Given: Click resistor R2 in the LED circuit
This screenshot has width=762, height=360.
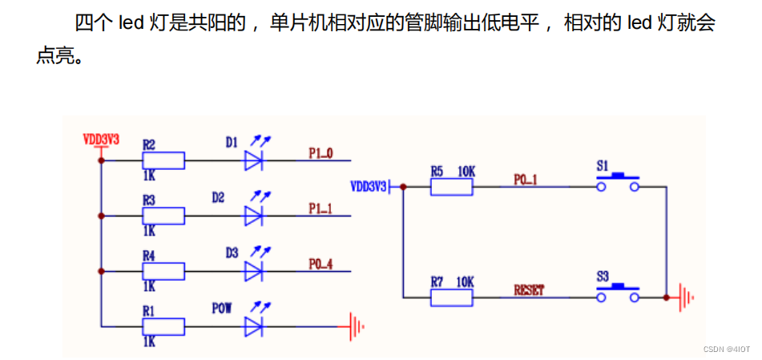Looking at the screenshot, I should pos(163,160).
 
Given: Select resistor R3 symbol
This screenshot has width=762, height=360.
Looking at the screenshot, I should pos(163,216).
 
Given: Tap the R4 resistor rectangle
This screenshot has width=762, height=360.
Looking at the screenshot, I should pos(163,271).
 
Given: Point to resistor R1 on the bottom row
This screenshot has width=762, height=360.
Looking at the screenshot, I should pos(163,326).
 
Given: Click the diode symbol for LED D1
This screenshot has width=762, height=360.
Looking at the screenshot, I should pos(254,160).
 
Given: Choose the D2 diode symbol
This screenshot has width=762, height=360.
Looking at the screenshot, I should pos(254,216).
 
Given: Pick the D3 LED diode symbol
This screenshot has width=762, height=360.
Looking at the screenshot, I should pos(254,271).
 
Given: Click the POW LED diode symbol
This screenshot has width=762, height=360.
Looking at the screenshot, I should pos(254,326).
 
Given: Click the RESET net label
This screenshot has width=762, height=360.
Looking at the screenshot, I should pos(528,289).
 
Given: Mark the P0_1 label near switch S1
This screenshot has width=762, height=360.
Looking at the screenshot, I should pos(526,180).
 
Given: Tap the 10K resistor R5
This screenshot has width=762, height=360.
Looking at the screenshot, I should pos(451,187).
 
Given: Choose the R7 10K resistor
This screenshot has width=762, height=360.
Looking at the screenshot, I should pos(451,297).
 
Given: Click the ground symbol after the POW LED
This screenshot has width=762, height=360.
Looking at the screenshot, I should pos(357,326).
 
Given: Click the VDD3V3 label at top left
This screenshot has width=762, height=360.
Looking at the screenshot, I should pos(101,139).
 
